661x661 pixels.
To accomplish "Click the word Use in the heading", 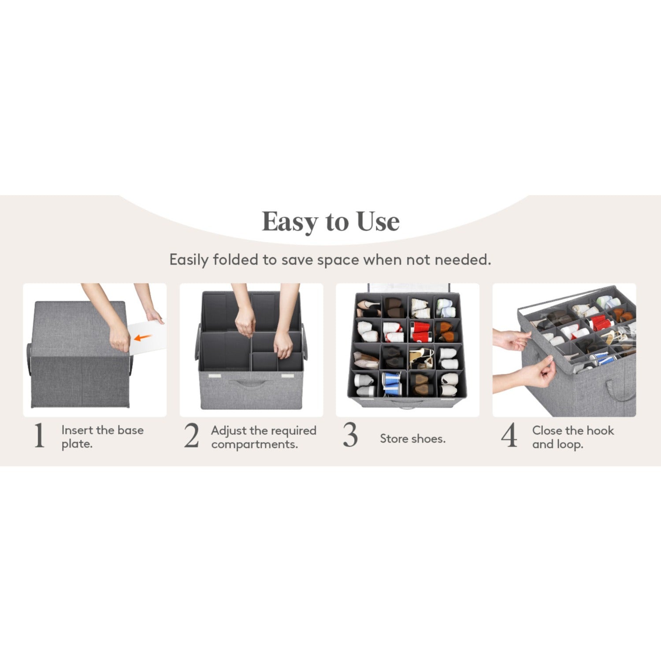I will pyautogui.click(x=378, y=221).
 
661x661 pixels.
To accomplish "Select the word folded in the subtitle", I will pyautogui.click(x=235, y=260).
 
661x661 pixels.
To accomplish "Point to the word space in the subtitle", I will pyautogui.click(x=338, y=260).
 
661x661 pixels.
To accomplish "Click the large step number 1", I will pyautogui.click(x=39, y=436).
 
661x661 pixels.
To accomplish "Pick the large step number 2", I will pyautogui.click(x=192, y=436).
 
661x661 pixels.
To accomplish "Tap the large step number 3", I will pyautogui.click(x=350, y=435).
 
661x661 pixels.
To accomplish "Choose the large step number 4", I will pyautogui.click(x=509, y=435).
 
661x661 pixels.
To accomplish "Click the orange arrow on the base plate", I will pyautogui.click(x=143, y=338).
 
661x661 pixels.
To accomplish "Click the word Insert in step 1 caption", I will pyautogui.click(x=77, y=430).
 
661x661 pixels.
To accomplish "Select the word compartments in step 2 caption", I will pyautogui.click(x=254, y=444).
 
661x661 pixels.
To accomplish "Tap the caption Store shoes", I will pyautogui.click(x=412, y=439).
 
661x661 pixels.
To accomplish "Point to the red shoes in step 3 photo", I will pyautogui.click(x=420, y=331).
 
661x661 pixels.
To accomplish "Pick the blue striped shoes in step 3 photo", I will pyautogui.click(x=390, y=383).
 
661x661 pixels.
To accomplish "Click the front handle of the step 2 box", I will pyautogui.click(x=250, y=382).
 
